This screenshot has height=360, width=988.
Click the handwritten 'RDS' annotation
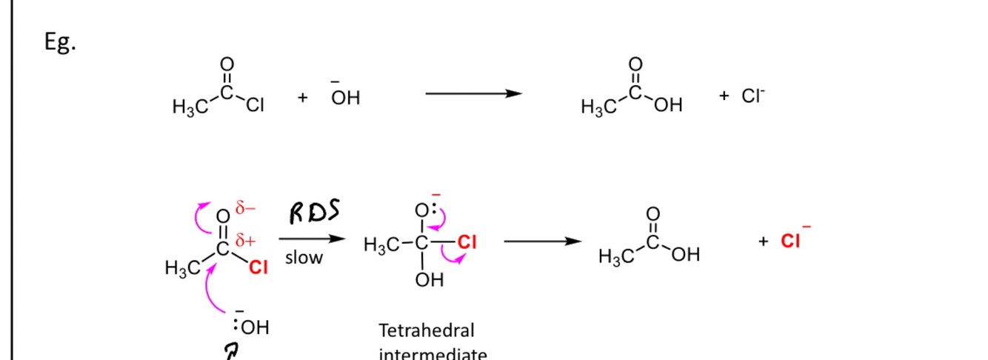(x=314, y=213)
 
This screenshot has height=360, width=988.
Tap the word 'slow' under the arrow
(x=304, y=259)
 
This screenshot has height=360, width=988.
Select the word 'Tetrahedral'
(x=427, y=330)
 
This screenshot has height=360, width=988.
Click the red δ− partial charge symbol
(x=246, y=209)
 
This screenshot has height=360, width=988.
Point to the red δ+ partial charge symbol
(x=245, y=241)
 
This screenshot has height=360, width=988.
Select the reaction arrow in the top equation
(x=474, y=93)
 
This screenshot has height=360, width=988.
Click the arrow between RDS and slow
(x=312, y=239)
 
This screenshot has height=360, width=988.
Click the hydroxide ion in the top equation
(x=345, y=97)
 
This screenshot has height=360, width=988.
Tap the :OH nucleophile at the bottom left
(x=252, y=327)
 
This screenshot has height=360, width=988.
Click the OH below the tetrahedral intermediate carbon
(x=430, y=280)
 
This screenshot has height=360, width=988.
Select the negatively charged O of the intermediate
(x=421, y=211)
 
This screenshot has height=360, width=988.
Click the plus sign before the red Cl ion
(x=764, y=241)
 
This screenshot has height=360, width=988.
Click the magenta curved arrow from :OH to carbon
(x=210, y=292)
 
